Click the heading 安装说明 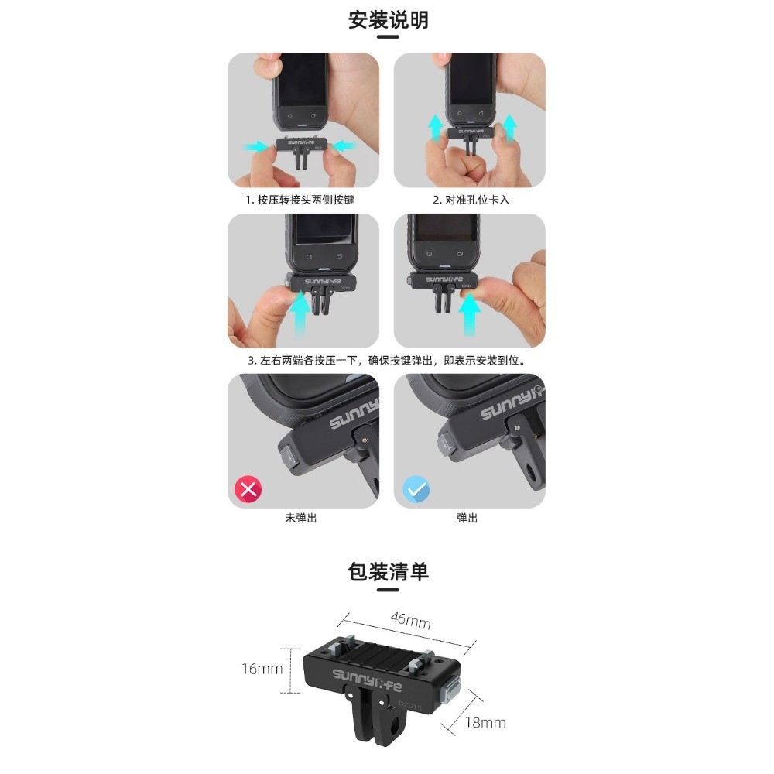(x=388, y=20)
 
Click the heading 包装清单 (x=388, y=572)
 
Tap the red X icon (x=248, y=489)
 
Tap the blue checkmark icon (x=416, y=489)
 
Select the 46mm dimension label (x=410, y=621)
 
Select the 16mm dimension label (x=262, y=669)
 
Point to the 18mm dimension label (x=485, y=723)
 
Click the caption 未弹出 (x=300, y=518)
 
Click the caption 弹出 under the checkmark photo (x=467, y=518)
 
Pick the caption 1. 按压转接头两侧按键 (x=300, y=200)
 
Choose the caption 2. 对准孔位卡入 (x=471, y=200)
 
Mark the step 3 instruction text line (x=387, y=361)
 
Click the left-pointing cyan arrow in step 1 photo (x=344, y=146)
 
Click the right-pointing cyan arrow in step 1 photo (x=256, y=146)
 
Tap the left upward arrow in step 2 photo (x=435, y=128)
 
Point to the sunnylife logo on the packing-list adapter (x=367, y=680)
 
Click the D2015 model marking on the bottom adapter (x=410, y=705)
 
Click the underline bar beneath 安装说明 (x=388, y=37)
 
